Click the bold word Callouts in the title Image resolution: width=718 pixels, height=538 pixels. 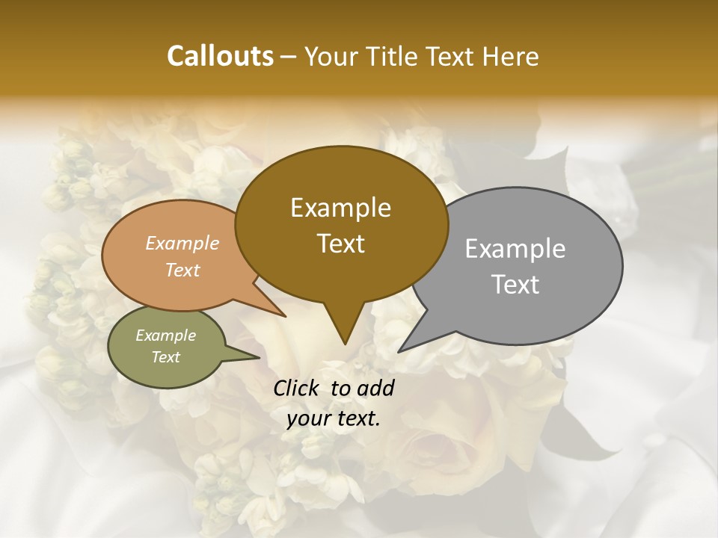(220, 56)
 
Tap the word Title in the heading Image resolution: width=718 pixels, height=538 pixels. (394, 56)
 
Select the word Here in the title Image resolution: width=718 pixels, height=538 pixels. (510, 56)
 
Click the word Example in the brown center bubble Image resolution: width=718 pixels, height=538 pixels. (340, 208)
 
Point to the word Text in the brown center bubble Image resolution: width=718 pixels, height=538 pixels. (340, 244)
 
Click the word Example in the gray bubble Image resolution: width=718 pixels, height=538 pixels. (515, 249)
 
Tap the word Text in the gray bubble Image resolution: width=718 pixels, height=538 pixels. (515, 285)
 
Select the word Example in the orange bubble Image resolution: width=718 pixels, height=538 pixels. (182, 243)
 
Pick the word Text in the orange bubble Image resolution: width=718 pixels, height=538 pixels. (182, 270)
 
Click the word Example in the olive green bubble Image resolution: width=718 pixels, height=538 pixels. (166, 336)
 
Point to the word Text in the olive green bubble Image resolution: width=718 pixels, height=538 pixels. (166, 357)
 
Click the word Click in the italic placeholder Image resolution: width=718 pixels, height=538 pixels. (297, 388)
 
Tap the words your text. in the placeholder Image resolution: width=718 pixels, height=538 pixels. (334, 418)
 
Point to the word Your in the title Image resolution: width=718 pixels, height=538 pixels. (331, 56)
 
